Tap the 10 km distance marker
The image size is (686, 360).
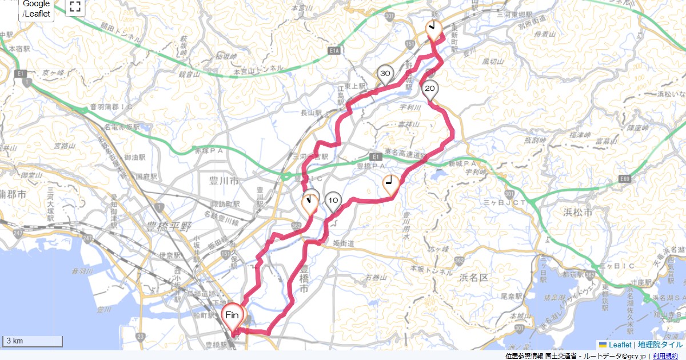[x=333, y=201]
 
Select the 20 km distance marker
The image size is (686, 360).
[x=430, y=89]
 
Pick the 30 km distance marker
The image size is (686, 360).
[x=385, y=74]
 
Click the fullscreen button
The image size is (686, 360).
[x=75, y=7]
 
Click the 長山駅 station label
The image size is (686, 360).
[x=312, y=113]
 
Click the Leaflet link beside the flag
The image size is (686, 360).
[x=620, y=345]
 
